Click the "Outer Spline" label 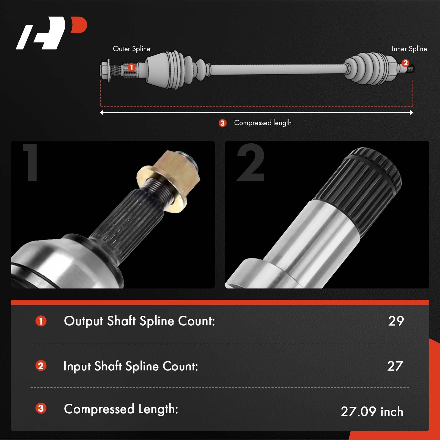[131, 49]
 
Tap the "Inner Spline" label [409, 49]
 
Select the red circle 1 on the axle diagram [131, 67]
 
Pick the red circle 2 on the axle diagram [405, 63]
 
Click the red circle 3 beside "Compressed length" [222, 123]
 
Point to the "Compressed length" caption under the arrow [263, 123]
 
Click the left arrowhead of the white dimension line [102, 112]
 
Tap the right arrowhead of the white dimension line [411, 112]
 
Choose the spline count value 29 [396, 321]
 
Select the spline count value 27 [395, 366]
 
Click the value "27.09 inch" [372, 412]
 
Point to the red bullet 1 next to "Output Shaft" [41, 321]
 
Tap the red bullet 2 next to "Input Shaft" [41, 366]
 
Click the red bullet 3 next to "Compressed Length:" [41, 408]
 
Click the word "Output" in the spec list [83, 321]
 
